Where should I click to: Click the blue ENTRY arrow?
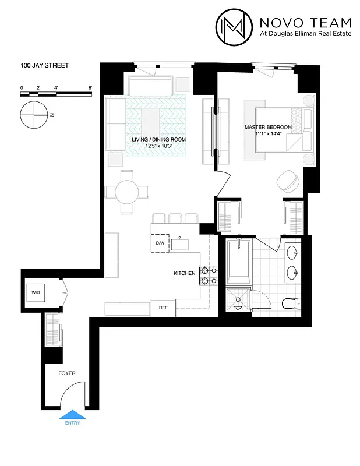(x=73, y=416)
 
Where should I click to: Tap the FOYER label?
(x=66, y=373)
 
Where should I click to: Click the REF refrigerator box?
(x=163, y=308)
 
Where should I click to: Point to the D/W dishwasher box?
(x=160, y=243)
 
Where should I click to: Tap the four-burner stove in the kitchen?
(x=209, y=276)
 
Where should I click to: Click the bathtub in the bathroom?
(x=239, y=265)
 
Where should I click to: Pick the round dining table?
(x=128, y=191)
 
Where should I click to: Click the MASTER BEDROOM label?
(x=268, y=127)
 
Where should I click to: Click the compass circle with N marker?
(x=33, y=114)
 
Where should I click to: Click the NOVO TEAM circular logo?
(x=235, y=26)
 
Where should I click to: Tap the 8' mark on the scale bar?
(x=90, y=87)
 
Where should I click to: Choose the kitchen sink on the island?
(x=181, y=244)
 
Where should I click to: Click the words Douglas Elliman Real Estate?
(x=312, y=34)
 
